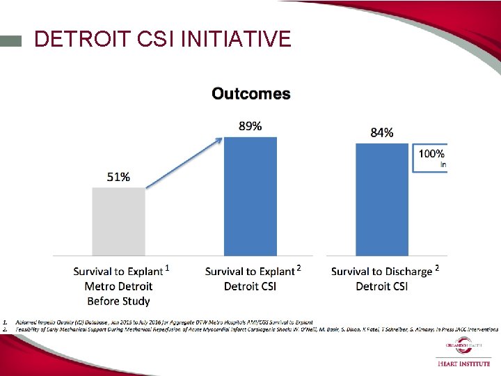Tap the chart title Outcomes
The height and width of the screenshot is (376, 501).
(251, 93)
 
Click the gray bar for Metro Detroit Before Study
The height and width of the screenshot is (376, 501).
(118, 221)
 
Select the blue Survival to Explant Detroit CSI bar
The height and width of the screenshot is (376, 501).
(250, 196)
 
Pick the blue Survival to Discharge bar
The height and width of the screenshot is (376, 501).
(381, 200)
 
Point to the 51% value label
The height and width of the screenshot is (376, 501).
(118, 177)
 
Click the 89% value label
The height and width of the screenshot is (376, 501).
(250, 126)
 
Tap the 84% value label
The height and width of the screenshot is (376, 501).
(381, 133)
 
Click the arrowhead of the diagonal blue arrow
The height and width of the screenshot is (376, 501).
(219, 139)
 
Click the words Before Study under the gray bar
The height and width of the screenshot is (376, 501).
(118, 301)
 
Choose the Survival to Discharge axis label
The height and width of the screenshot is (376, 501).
(381, 272)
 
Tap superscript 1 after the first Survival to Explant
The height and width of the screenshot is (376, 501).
(167, 268)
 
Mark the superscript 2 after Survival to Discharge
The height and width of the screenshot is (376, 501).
(437, 268)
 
